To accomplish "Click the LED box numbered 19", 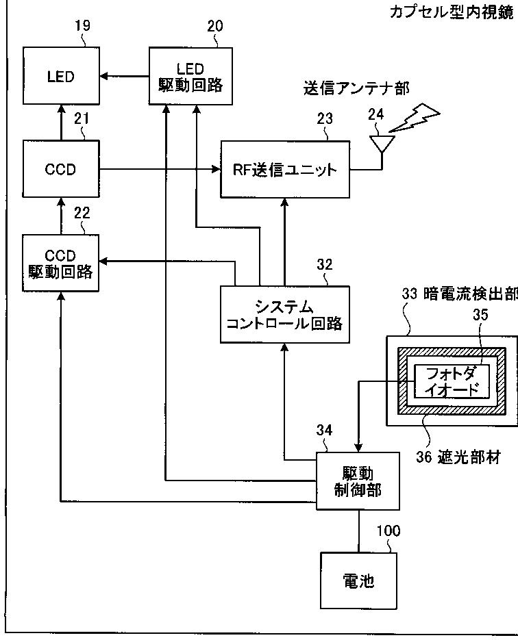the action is [61, 75].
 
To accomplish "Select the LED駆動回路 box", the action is [190, 76].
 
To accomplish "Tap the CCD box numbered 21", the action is [61, 169].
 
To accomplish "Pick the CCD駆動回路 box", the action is [60, 263].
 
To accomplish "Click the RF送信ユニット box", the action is [285, 169].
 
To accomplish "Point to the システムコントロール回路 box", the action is [285, 315].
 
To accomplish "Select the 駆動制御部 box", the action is [358, 481].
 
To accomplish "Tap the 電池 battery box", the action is [358, 581].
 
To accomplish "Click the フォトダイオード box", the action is [452, 382].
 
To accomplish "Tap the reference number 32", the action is [325, 264].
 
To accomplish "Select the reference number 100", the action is [388, 530].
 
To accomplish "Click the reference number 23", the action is [325, 119].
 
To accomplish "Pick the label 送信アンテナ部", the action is [356, 88].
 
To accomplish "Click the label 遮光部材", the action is [469, 457].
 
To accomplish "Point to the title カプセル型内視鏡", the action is [452, 12].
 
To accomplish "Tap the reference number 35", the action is [480, 315].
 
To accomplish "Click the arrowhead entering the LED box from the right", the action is [103, 76].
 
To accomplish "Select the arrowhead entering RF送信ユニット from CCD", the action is [216, 169].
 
